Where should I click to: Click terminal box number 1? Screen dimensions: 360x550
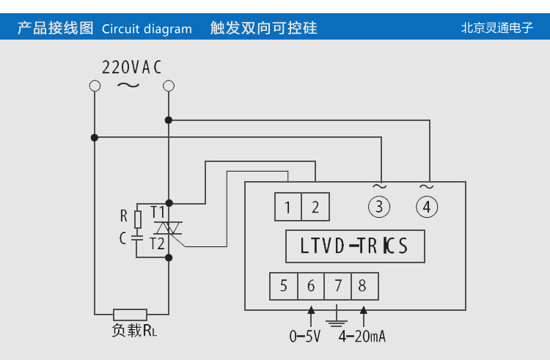[x=288, y=207]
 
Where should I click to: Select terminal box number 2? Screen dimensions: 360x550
[x=315, y=207]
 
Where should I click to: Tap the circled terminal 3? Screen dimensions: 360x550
[x=378, y=207]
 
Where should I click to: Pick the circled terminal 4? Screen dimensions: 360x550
[x=427, y=207]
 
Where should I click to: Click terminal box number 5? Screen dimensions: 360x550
[x=283, y=286]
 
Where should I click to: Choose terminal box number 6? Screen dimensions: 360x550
[x=311, y=286]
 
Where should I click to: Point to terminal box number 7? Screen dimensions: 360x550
[x=338, y=286]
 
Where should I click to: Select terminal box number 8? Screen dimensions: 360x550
[x=364, y=286]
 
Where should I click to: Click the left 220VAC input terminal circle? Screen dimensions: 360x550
[x=94, y=87]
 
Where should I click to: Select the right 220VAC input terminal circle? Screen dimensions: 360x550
[x=169, y=87]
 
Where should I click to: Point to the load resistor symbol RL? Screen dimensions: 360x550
[x=131, y=314]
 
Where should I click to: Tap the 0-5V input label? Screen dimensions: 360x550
[x=305, y=337]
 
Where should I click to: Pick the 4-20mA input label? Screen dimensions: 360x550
[x=362, y=337]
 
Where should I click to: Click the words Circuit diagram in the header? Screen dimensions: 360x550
[x=147, y=29]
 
